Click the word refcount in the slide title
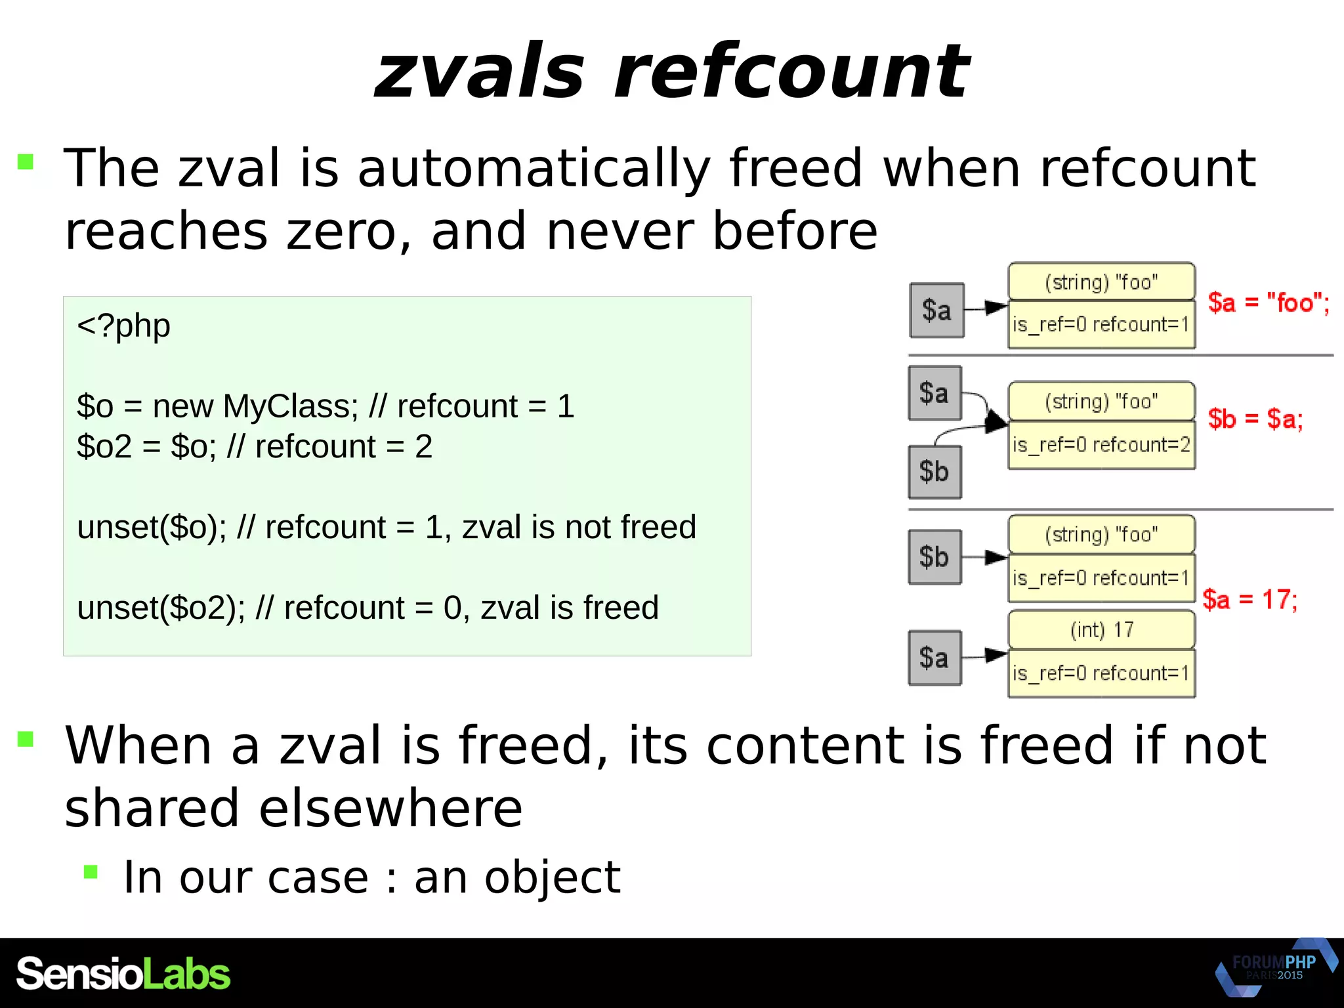tap(791, 71)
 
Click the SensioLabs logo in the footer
tap(123, 974)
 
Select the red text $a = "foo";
tap(1268, 303)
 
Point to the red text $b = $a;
tap(1255, 419)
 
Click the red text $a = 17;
tap(1249, 600)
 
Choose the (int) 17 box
tap(1101, 630)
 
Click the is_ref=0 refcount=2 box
tap(1101, 446)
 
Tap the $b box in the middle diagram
tap(934, 472)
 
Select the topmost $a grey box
tap(936, 310)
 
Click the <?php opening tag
tap(123, 326)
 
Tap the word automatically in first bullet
tap(533, 168)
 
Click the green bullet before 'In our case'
tap(91, 872)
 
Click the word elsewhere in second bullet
tap(390, 808)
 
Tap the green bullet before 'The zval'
tap(26, 161)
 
